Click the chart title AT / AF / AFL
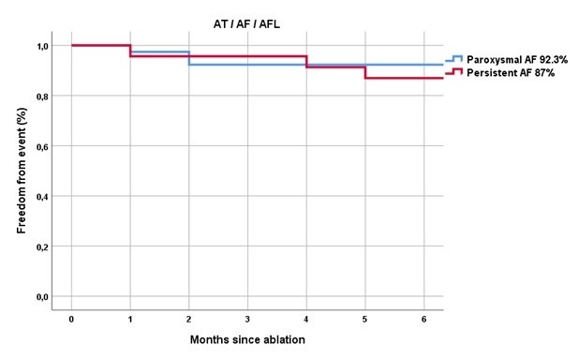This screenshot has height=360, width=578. pos(246,24)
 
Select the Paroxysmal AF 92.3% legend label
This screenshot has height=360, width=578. pos(517,59)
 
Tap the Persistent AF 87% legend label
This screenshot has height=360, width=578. pos(511,73)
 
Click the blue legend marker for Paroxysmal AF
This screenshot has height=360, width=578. pos(453,58)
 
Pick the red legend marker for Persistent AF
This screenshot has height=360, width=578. pos(453,71)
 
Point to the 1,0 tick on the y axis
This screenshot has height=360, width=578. pos(42,46)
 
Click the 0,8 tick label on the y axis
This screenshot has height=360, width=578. pos(42,97)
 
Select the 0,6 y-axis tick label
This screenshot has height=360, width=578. pos(42,146)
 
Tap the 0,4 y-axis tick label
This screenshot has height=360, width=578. pos(42,197)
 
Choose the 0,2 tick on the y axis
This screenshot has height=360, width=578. pos(42,247)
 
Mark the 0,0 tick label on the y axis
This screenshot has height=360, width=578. pos(42,297)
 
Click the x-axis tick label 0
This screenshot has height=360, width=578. pos(71,319)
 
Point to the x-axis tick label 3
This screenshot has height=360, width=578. pos(247,319)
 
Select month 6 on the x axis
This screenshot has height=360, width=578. pos(424,319)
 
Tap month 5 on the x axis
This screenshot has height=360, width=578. pos(365,319)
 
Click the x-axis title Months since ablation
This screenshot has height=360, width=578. pos(247,339)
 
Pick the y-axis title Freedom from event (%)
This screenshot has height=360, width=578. pos(22,171)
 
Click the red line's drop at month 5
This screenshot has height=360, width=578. pos(365,72)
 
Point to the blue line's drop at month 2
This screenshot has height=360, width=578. pos(189,58)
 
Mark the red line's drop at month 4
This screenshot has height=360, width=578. pos(306,62)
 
